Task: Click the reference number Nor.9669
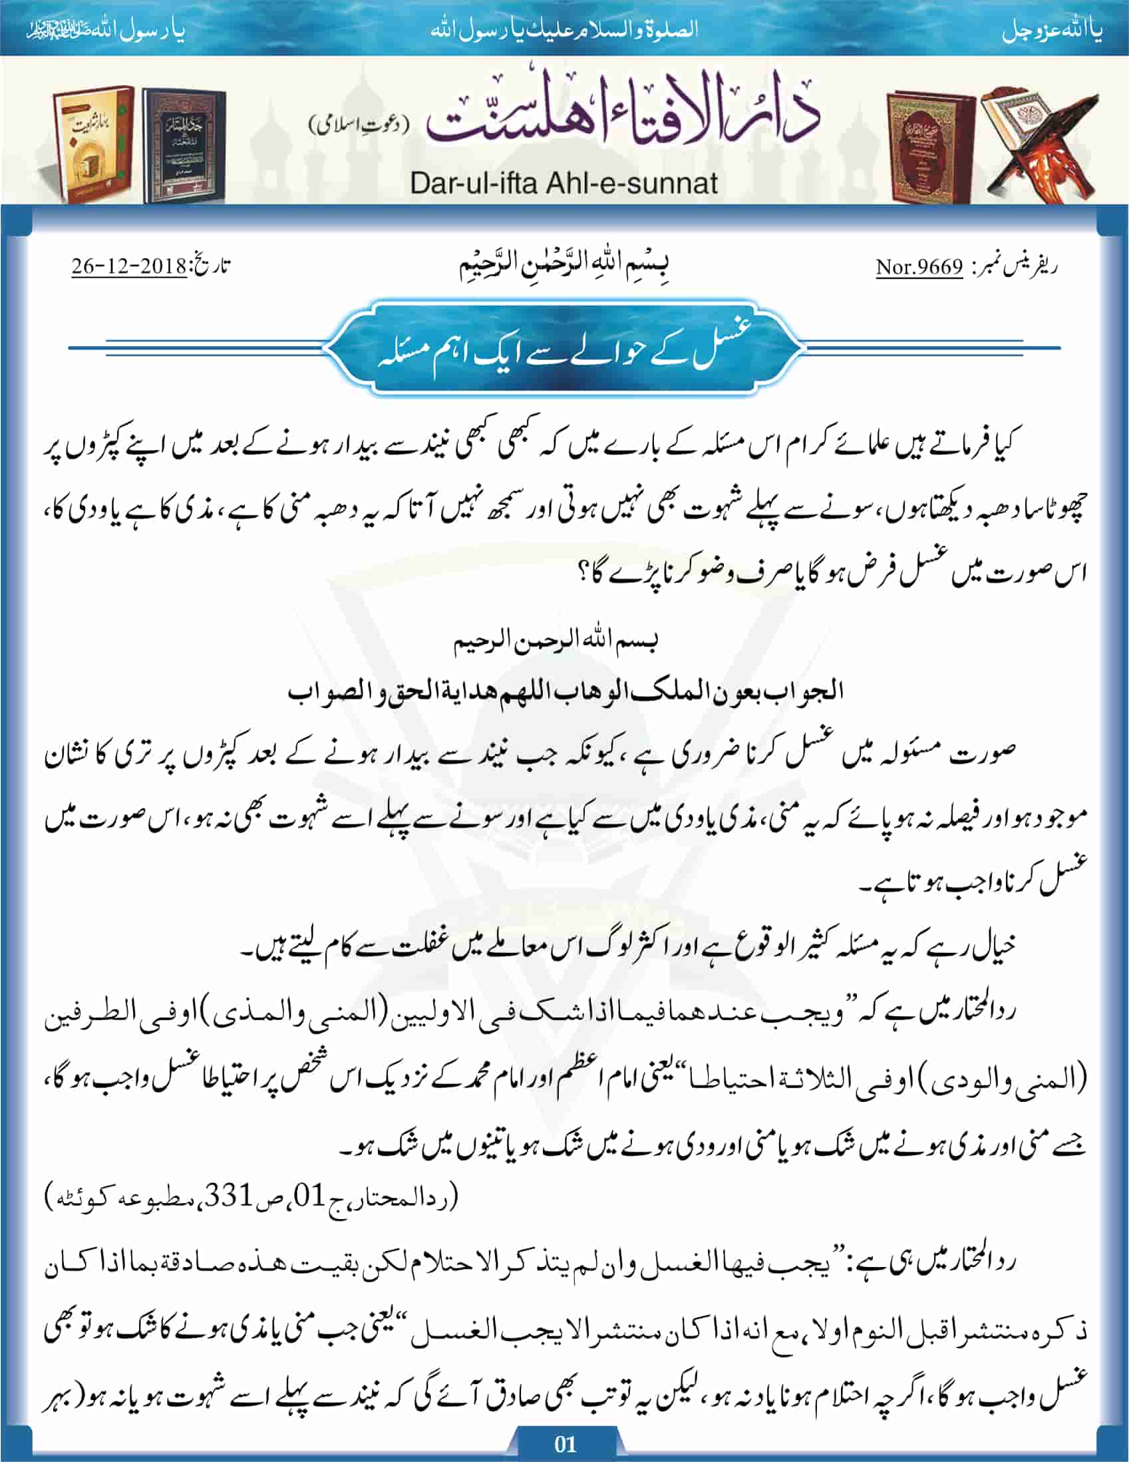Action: click(919, 268)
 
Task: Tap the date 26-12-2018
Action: click(129, 266)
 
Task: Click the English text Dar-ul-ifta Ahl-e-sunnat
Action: click(564, 183)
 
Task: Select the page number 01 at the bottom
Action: click(565, 1443)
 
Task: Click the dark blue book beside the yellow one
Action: click(184, 144)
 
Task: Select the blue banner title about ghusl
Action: click(564, 349)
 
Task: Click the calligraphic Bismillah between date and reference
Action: click(564, 265)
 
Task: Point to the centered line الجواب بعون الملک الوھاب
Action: click(564, 691)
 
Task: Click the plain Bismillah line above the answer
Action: click(556, 641)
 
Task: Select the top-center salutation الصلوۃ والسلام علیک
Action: click(564, 30)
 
